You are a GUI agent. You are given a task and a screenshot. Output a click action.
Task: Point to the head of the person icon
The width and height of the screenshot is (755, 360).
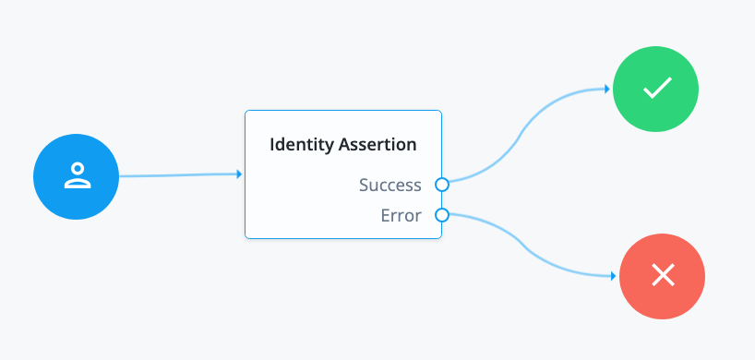pos(77,169)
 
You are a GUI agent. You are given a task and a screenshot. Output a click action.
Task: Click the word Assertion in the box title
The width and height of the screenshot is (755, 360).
pos(375,145)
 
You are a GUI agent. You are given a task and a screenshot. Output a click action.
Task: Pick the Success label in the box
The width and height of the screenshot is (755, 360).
pos(390,185)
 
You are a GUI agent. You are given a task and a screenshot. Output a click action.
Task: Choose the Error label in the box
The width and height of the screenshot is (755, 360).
pos(401,216)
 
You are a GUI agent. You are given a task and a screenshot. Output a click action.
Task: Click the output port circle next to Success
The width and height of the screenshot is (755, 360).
pos(442,185)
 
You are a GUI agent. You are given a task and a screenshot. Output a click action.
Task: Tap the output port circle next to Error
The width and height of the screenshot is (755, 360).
pos(442,216)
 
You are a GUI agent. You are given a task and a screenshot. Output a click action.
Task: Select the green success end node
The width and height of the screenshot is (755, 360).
pos(656,90)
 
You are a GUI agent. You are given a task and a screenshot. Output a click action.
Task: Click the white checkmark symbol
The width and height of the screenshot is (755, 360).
pos(656,90)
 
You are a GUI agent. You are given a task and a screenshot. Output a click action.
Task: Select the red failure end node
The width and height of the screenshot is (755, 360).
pos(662,276)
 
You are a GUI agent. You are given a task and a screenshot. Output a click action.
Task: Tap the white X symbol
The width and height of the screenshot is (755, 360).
pos(662,276)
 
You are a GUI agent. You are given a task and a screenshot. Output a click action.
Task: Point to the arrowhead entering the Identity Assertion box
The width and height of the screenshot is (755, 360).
pos(239,174)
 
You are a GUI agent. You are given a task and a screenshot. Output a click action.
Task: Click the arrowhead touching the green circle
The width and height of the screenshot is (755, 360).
pos(607,90)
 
